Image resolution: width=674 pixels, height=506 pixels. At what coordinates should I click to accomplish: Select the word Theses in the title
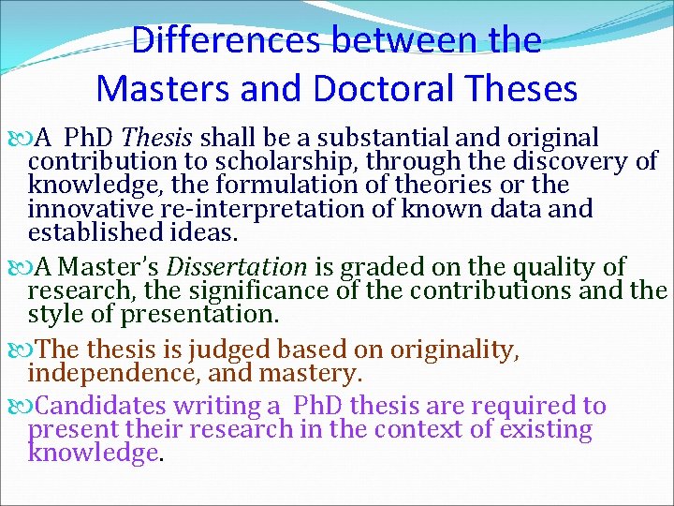[524, 88]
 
